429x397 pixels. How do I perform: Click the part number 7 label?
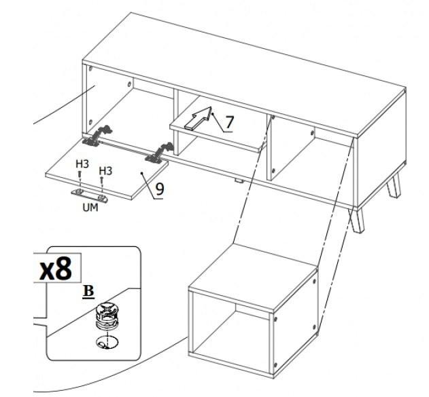(229, 122)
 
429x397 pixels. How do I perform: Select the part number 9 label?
(160, 189)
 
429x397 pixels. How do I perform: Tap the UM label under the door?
(90, 208)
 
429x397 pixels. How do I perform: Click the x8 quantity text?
(56, 268)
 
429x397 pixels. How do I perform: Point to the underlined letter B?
(88, 291)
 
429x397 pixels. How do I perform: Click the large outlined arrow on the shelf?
(199, 118)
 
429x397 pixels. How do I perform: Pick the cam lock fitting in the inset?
(107, 316)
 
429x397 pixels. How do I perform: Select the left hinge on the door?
(97, 136)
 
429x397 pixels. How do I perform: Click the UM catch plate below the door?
(90, 195)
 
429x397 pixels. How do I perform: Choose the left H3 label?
(82, 164)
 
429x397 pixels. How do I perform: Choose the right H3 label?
(105, 171)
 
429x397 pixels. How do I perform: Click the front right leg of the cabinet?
(356, 221)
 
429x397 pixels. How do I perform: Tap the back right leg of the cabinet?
(394, 187)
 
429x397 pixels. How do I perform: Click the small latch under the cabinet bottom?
(239, 181)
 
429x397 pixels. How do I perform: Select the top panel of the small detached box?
(253, 277)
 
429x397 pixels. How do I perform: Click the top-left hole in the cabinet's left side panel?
(91, 69)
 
